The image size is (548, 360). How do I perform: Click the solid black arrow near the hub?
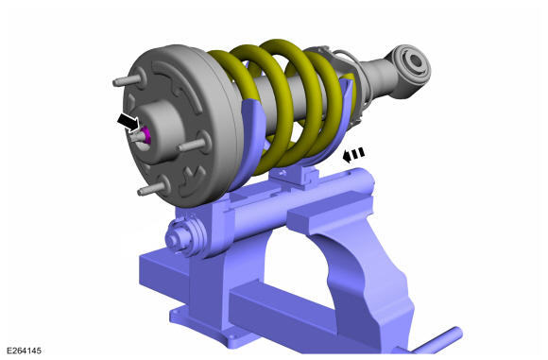click(x=128, y=122)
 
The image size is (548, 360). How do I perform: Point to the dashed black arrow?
click(x=353, y=154)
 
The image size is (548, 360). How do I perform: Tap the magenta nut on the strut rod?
click(x=146, y=135)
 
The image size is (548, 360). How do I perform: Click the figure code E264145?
click(x=24, y=351)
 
